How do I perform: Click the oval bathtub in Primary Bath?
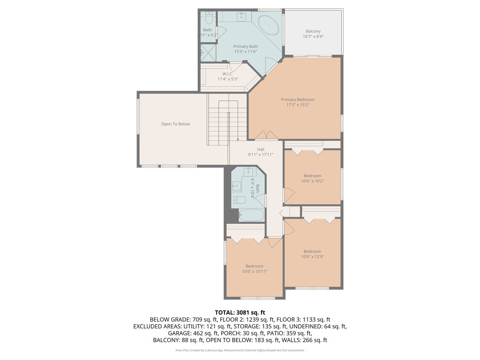(x=268, y=26)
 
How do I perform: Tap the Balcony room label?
(x=313, y=31)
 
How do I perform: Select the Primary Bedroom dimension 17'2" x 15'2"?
(x=298, y=105)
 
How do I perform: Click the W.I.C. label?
(x=228, y=74)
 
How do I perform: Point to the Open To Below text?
(x=176, y=124)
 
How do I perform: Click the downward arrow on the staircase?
(x=238, y=139)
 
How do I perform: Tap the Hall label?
(x=261, y=149)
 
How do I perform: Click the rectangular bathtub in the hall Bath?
(x=252, y=215)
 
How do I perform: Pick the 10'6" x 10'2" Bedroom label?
(x=312, y=176)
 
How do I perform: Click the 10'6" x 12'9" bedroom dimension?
(x=312, y=257)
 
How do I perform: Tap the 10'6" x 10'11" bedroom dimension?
(x=254, y=271)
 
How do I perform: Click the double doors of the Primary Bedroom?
(x=266, y=135)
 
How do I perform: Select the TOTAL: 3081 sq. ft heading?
(x=240, y=312)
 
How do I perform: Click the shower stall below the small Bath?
(x=208, y=52)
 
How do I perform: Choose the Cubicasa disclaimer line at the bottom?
(x=240, y=350)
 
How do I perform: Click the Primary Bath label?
(x=246, y=46)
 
